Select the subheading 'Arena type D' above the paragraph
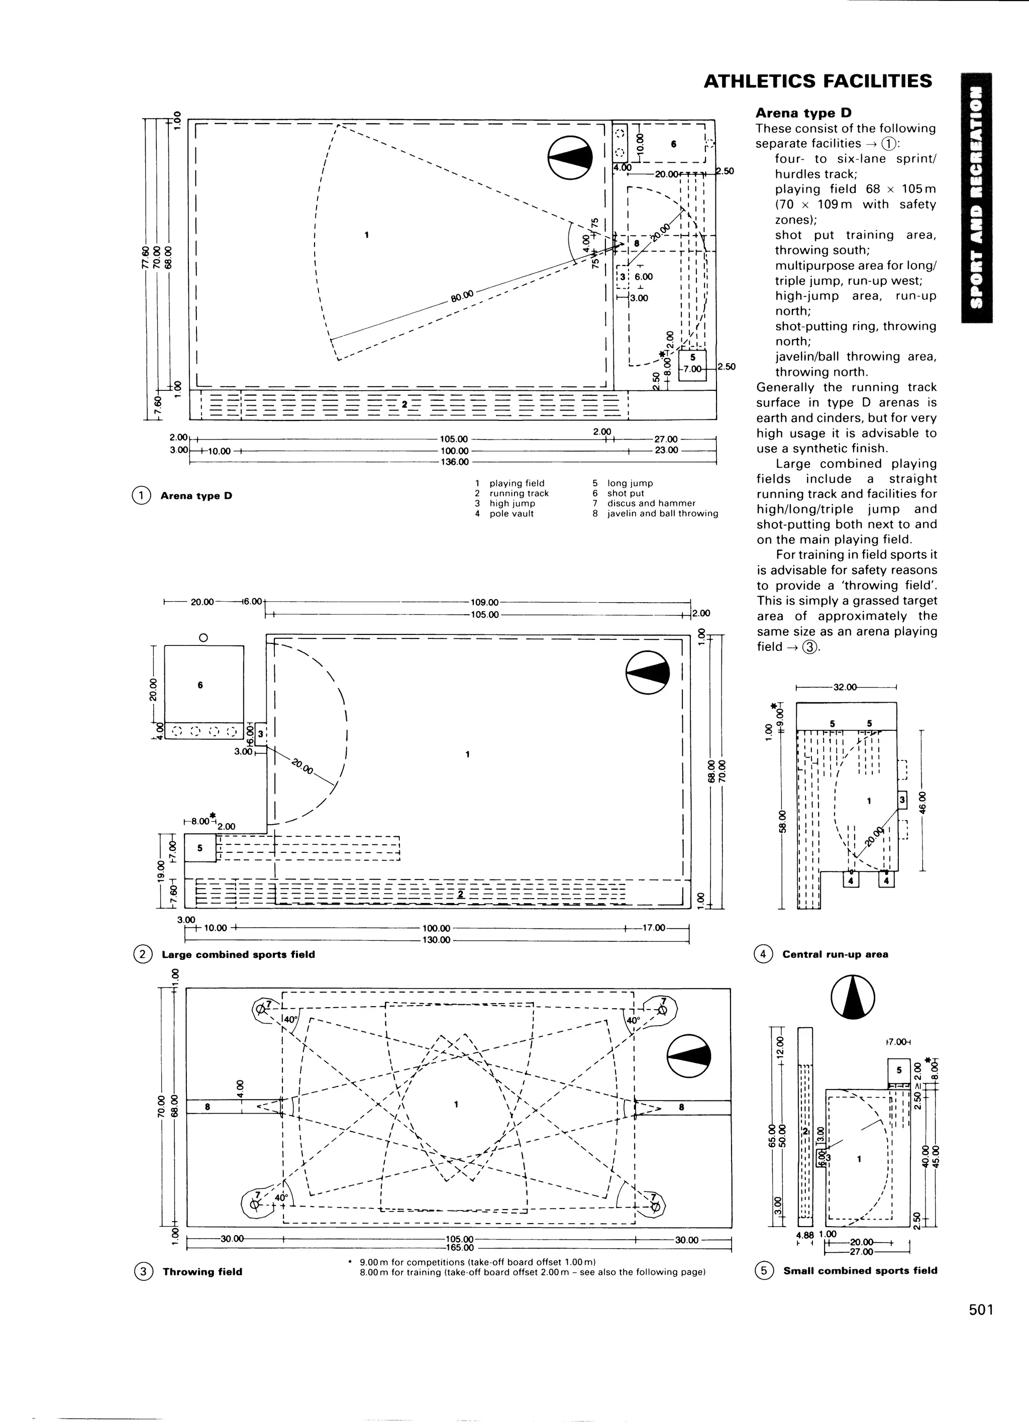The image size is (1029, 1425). tap(803, 113)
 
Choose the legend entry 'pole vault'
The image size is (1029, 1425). tap(511, 513)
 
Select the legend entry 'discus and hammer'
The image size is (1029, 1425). tap(651, 503)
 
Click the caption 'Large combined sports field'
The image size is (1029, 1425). tap(238, 954)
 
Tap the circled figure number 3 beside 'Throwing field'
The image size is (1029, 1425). tap(143, 1272)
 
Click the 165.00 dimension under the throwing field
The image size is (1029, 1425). tap(460, 1248)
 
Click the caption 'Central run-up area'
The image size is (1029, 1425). tap(835, 954)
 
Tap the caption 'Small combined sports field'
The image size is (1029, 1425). tap(860, 1270)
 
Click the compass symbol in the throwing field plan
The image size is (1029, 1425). tap(689, 1055)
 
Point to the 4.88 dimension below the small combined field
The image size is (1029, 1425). tap(804, 1234)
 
